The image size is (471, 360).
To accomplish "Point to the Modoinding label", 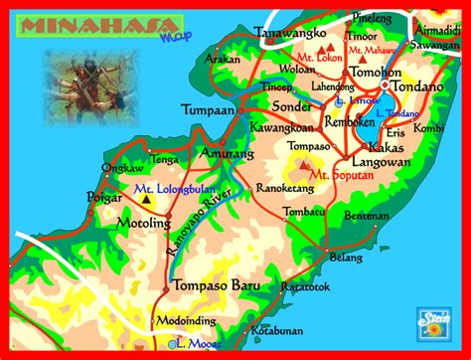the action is tap(186, 323).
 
